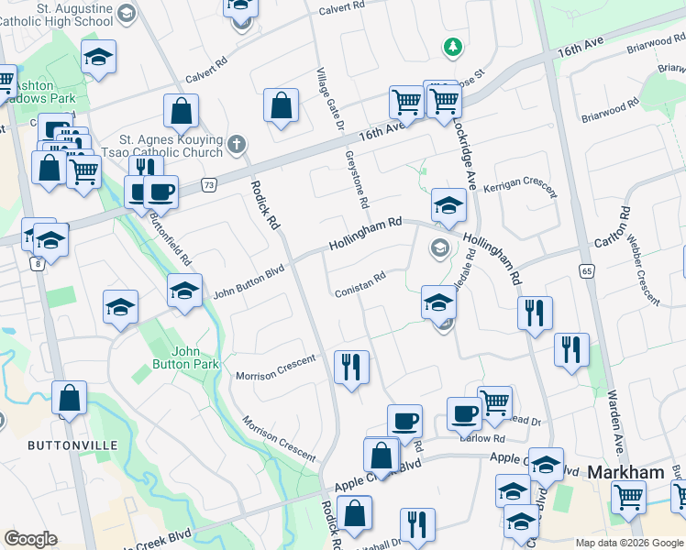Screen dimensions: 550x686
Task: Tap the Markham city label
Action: coord(625,472)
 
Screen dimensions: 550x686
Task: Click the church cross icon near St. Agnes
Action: coord(237,144)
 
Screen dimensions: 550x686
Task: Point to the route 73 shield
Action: coord(210,184)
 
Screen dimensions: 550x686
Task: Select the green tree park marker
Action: coord(451,46)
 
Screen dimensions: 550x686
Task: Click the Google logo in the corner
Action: coord(30,539)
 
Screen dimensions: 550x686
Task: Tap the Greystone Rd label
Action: coord(356,180)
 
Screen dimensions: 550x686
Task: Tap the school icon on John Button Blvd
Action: coord(184,292)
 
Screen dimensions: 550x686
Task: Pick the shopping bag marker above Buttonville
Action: coord(69,399)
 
